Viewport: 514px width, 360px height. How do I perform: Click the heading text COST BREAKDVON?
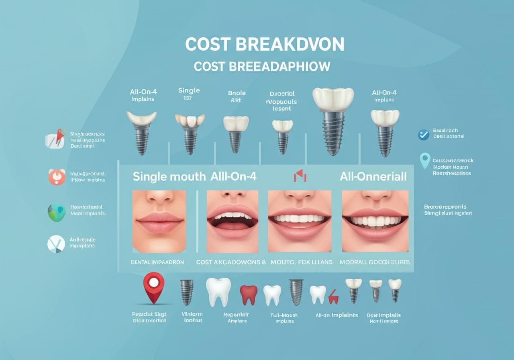(x=264, y=45)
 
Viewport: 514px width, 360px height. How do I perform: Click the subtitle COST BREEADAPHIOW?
(x=262, y=66)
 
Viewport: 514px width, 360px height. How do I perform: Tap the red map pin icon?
(x=154, y=287)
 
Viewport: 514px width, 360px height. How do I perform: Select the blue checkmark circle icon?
(x=423, y=135)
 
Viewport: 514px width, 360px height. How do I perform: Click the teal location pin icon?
(x=424, y=160)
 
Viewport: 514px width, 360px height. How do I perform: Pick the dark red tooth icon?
(x=249, y=295)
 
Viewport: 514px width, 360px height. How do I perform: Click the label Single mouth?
(x=169, y=176)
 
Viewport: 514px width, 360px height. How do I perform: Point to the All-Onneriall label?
(x=373, y=176)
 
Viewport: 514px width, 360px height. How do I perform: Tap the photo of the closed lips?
(x=159, y=221)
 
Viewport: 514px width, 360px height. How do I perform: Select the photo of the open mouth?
(x=232, y=221)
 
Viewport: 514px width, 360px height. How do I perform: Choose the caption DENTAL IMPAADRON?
(x=157, y=262)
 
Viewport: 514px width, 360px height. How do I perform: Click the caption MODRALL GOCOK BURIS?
(x=375, y=262)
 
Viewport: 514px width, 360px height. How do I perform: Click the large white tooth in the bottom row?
(x=218, y=292)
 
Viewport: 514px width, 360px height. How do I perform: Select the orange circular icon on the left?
(x=57, y=176)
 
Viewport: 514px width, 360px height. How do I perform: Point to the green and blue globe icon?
(x=57, y=212)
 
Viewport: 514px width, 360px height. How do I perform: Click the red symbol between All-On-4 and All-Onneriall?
(x=300, y=176)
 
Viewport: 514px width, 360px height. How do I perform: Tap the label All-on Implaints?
(x=337, y=315)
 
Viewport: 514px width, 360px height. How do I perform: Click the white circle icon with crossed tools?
(x=56, y=244)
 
